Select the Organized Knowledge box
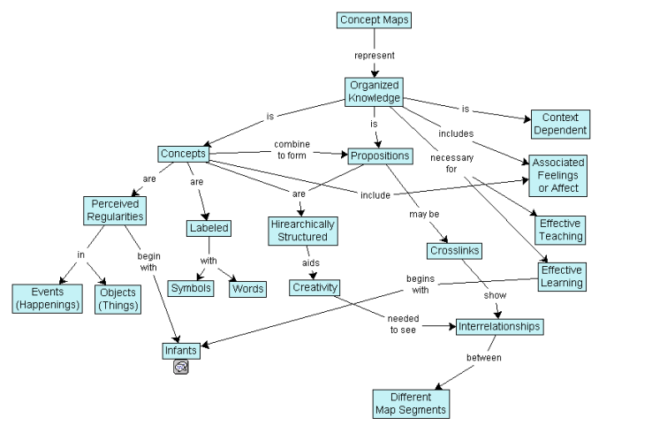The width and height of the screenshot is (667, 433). [373, 92]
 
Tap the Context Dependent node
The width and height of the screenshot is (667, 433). [559, 124]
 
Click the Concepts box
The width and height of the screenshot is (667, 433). [184, 155]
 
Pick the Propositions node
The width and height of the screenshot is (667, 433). [379, 156]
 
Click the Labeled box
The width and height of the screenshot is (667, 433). [209, 228]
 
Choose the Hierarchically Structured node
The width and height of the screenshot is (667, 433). [302, 231]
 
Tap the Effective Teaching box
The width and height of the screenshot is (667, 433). [561, 230]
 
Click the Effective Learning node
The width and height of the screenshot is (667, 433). [562, 277]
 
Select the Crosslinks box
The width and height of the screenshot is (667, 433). [454, 251]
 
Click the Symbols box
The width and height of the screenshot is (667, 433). [191, 289]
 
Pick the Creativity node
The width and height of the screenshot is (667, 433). [314, 287]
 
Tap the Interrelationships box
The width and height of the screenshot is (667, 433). [499, 326]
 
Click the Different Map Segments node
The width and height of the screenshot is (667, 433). [409, 404]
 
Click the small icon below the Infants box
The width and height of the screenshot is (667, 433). [181, 368]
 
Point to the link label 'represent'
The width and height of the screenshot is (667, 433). [375, 55]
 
